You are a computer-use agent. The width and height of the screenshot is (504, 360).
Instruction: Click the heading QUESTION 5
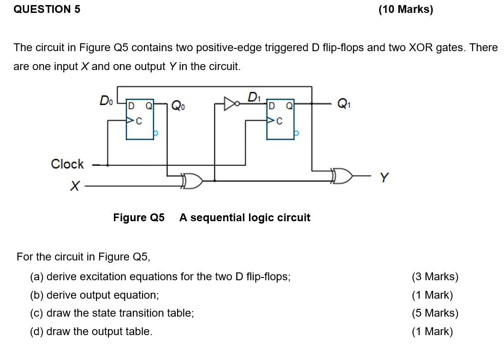click(47, 9)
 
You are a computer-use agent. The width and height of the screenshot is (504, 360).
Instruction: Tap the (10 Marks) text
click(405, 10)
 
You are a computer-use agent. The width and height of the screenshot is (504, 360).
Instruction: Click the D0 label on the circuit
click(106, 100)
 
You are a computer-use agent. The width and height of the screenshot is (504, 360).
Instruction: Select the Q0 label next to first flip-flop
click(178, 106)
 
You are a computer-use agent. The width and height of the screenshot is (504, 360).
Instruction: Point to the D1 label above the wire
click(254, 97)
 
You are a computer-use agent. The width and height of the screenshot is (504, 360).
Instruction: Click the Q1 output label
click(344, 104)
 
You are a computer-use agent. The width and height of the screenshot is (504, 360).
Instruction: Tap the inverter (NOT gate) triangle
click(229, 104)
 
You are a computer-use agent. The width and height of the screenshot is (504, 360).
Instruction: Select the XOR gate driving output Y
click(342, 176)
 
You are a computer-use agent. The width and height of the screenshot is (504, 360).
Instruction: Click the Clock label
click(67, 164)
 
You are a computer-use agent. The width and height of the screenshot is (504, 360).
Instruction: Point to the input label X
click(75, 186)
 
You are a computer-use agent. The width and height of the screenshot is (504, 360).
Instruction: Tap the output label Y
click(384, 177)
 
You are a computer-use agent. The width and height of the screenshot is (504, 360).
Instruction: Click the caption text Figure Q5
click(139, 218)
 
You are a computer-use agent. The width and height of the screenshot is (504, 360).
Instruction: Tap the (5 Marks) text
click(435, 313)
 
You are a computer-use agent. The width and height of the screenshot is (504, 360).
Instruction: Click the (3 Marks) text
click(435, 277)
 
